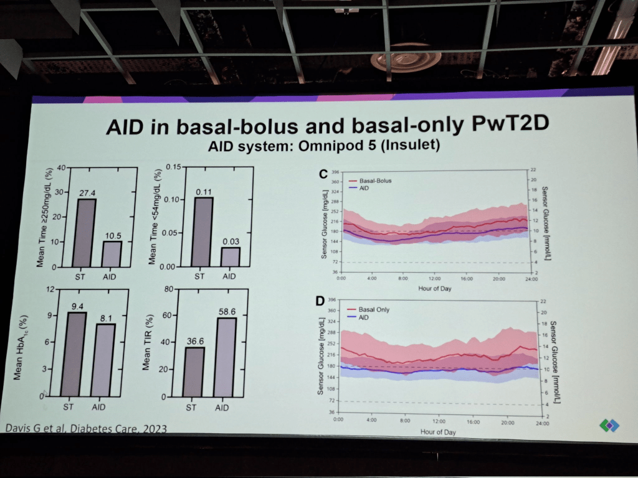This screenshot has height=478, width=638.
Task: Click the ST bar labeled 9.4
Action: [x=74, y=354]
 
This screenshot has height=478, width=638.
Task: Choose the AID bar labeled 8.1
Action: [x=104, y=359]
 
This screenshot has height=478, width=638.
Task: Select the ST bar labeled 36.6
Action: [x=194, y=372]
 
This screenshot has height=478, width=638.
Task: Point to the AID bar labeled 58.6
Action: [x=225, y=357]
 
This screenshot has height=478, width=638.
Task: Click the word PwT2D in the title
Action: [x=504, y=124]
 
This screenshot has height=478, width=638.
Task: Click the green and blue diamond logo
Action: [x=609, y=425]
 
